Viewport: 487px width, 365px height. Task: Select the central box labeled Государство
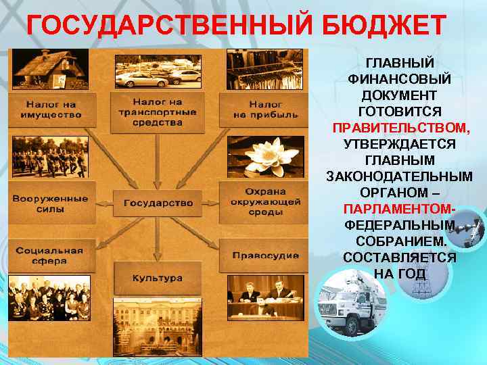[x=158, y=202]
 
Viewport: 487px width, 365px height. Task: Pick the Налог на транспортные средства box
[x=158, y=112]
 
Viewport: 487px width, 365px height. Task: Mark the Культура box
[x=158, y=278]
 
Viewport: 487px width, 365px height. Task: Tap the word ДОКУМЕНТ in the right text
[x=399, y=95]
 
